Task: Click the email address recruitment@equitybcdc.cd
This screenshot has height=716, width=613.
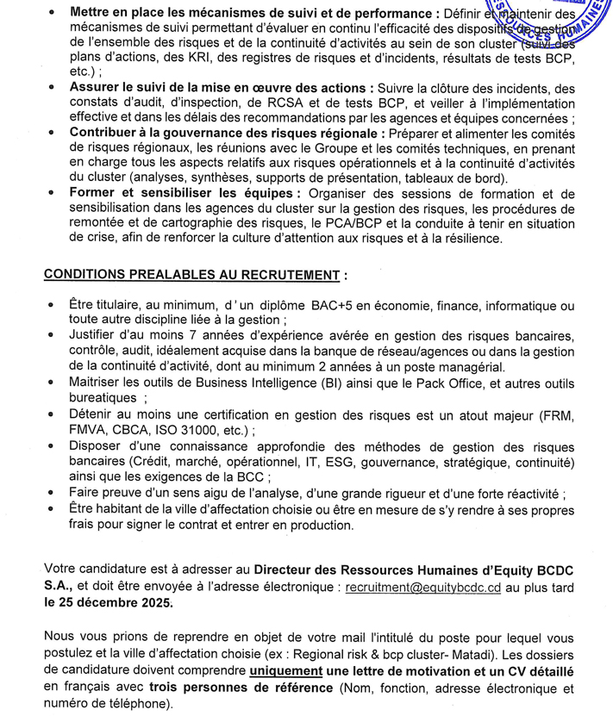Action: coord(423,586)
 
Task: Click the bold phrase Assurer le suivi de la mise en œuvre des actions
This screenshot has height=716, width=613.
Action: coord(218,88)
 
